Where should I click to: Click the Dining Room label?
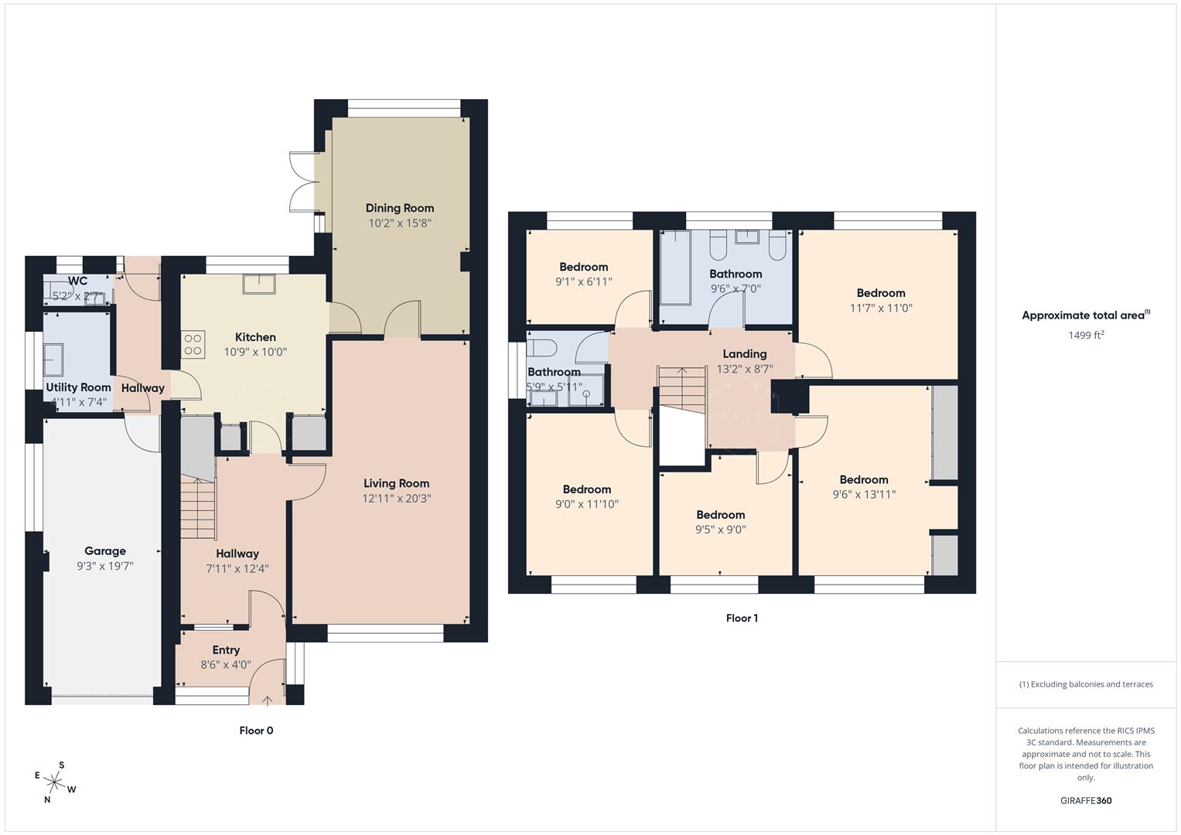click(399, 208)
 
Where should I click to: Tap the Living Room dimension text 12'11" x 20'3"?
click(396, 499)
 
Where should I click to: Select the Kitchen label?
click(255, 337)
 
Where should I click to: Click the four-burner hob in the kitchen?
click(193, 345)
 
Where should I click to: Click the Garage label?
click(105, 551)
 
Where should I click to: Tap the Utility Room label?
click(78, 387)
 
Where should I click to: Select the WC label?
click(77, 281)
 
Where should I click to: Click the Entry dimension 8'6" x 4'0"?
click(225, 665)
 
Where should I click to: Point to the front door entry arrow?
click(268, 700)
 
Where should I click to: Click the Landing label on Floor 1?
click(744, 354)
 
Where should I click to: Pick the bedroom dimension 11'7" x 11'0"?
click(881, 308)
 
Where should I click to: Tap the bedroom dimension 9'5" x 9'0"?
click(720, 530)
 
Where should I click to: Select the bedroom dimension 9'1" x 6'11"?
click(583, 282)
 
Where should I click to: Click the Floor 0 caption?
click(256, 731)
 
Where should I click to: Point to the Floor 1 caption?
click(742, 619)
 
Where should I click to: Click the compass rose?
click(55, 782)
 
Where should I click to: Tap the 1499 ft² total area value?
click(1086, 335)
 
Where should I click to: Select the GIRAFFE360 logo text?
click(1086, 801)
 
